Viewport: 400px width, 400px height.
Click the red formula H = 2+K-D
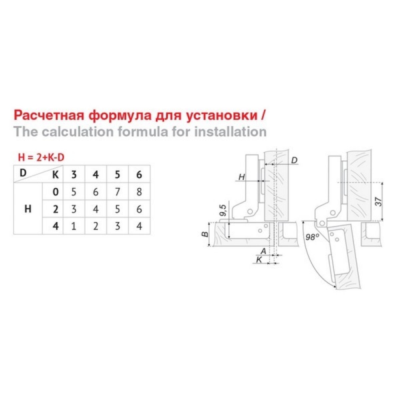coord(41,157)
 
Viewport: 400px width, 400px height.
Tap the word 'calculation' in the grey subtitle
coord(77,131)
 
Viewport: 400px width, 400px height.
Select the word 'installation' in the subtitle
coord(230,131)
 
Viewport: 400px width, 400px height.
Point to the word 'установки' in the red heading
coord(221,115)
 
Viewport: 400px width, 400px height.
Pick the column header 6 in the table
coord(139,174)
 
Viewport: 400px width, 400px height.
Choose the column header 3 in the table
coord(73,174)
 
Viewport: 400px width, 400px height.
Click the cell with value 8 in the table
coord(139,192)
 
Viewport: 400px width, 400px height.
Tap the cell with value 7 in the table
coord(117,192)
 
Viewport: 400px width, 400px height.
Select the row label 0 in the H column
coord(55,192)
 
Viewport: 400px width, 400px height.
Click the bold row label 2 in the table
coord(55,209)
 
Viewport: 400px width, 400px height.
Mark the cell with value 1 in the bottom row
coord(73,226)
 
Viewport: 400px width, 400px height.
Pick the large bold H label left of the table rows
coord(28,209)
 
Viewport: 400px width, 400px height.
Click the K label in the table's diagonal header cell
coord(55,174)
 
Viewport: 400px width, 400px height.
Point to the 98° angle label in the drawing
coord(312,237)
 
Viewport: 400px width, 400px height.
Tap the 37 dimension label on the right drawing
coord(379,201)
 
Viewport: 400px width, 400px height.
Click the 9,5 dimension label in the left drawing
coord(222,210)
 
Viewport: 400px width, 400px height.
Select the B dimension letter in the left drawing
coord(205,233)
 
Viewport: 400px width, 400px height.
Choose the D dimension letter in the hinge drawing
coord(294,160)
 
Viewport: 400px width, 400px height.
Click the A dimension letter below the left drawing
coord(263,251)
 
